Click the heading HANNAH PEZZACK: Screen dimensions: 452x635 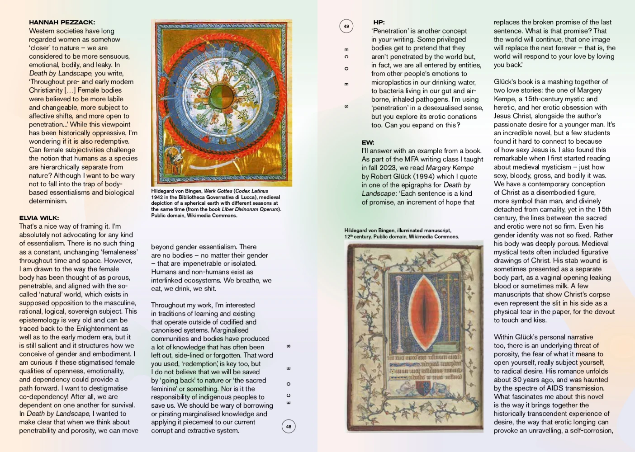coord(62,22)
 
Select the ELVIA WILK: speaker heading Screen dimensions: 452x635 coord(39,218)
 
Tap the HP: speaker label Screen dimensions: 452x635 coord(379,22)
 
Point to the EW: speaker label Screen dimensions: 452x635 coord(368,142)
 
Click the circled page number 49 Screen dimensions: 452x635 coord(346,26)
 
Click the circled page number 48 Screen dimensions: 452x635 coord(289,426)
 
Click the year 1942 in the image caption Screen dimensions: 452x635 coord(157,197)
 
